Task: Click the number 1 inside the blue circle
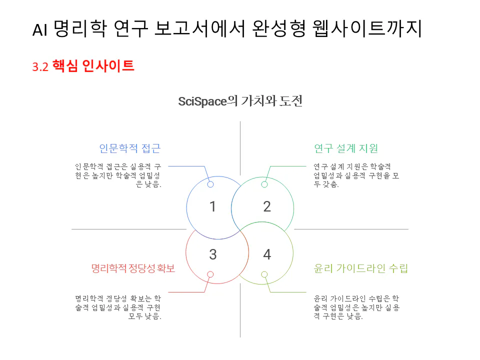pos(212,206)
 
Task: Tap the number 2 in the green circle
pos(267,206)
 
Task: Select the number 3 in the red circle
pos(212,254)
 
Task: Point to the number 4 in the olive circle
pos(267,254)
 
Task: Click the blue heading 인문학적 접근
pos(129,148)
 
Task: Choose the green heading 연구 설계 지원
pos(345,148)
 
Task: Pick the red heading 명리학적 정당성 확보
pos(133,268)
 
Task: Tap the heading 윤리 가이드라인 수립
pos(360,268)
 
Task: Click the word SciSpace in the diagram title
pos(202,101)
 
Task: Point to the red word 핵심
pos(65,66)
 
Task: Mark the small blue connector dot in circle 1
pos(210,184)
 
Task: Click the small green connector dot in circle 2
pos(264,184)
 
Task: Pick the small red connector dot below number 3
pos(210,274)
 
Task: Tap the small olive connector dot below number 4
pos(264,274)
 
